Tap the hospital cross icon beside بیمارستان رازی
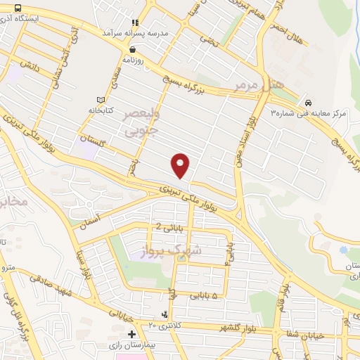[131, 333]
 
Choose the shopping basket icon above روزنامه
[133, 49]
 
